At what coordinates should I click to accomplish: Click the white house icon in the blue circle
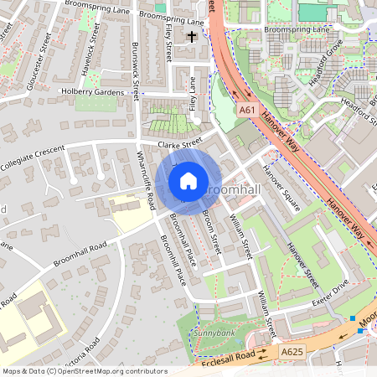pyautogui.click(x=188, y=180)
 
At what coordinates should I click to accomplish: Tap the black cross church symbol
pyautogui.click(x=193, y=37)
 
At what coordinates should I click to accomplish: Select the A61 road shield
pyautogui.click(x=245, y=110)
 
